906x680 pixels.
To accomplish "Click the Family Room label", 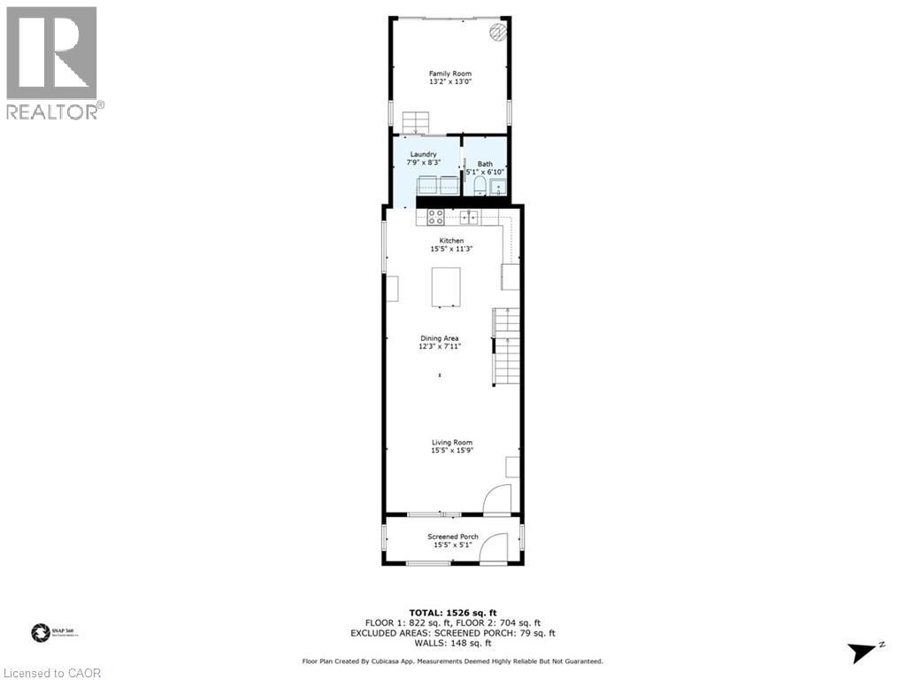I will pyautogui.click(x=449, y=73).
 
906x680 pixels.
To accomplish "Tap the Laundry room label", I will pyautogui.click(x=423, y=154).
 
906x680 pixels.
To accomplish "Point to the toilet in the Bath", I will pyautogui.click(x=478, y=184).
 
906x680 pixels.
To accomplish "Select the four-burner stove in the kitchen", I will pyautogui.click(x=436, y=216).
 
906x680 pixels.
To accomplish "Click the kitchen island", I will pyautogui.click(x=447, y=287).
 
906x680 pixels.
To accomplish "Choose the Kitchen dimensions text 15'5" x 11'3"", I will pyautogui.click(x=452, y=250).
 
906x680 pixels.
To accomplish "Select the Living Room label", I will pyautogui.click(x=452, y=443).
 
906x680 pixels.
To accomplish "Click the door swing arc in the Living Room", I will pyautogui.click(x=499, y=498).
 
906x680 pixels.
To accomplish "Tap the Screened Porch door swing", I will pyautogui.click(x=492, y=547).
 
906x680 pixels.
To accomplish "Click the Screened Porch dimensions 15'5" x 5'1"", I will pyautogui.click(x=453, y=545).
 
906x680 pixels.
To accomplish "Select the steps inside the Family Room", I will pyautogui.click(x=414, y=121).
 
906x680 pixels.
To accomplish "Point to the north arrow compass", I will pyautogui.click(x=864, y=653).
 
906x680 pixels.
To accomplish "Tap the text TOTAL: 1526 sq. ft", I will pyautogui.click(x=452, y=613).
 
